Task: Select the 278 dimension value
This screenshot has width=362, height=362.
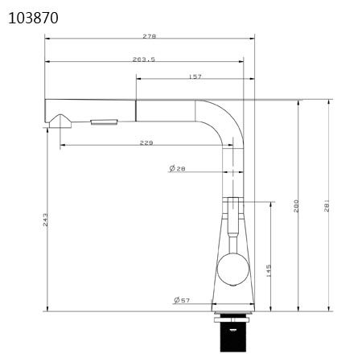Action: tap(149, 36)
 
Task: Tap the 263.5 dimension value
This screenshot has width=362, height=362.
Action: tap(143, 60)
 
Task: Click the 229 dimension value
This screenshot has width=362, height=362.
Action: tap(146, 143)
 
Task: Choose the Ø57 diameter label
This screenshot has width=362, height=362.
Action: tap(182, 300)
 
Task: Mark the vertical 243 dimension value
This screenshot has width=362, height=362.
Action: tap(46, 218)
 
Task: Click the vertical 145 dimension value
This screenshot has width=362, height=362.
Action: tap(268, 272)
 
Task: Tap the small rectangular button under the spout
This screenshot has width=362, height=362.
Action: tap(103, 121)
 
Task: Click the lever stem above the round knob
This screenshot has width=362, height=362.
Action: tap(231, 229)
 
